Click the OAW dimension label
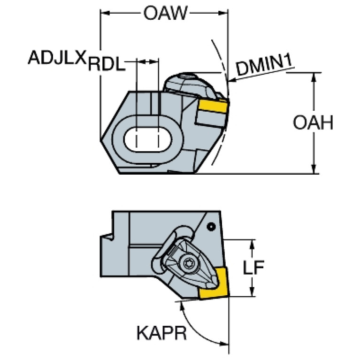(165, 13)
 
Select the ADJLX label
(57, 57)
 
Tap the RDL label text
(107, 64)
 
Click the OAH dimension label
(313, 123)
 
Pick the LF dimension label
(253, 268)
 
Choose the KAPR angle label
(161, 333)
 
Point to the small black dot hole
(211, 227)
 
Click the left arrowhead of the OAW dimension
(105, 13)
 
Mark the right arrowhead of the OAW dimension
(223, 13)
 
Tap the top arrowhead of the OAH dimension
(314, 77)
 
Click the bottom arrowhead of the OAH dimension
(314, 169)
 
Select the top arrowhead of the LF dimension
(252, 244)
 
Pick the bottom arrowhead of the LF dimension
(252, 291)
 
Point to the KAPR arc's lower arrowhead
(224, 344)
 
